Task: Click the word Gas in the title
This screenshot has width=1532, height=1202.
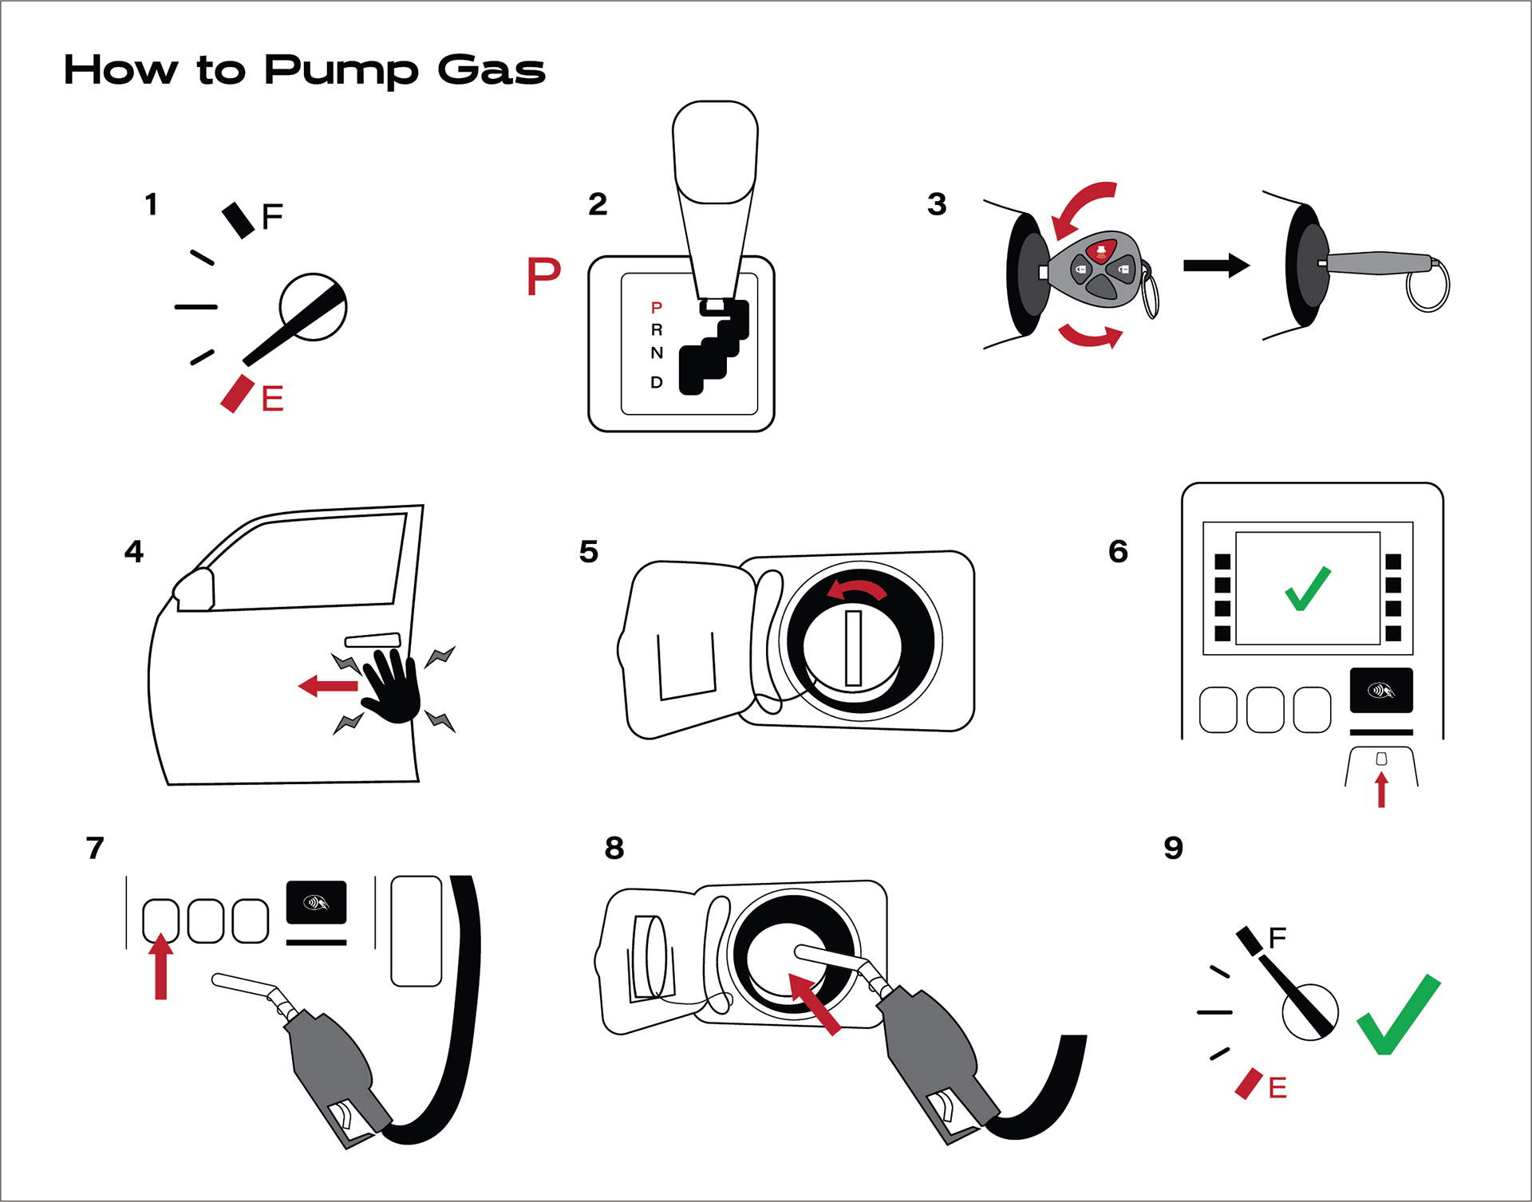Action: [491, 70]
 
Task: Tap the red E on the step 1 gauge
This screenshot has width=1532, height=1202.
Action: [272, 398]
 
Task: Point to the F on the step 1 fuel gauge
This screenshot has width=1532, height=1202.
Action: [272, 216]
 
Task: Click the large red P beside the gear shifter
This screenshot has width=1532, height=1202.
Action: [543, 276]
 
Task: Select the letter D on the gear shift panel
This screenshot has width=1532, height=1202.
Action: [656, 382]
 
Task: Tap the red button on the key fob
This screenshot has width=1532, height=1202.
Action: [1101, 252]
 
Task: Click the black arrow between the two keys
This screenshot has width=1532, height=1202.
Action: [1215, 266]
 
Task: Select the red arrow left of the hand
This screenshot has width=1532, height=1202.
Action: [327, 685]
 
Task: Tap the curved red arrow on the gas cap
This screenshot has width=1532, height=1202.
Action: [856, 590]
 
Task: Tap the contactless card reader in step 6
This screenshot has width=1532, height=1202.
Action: [1381, 690]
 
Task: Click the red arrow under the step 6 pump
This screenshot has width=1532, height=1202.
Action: [1381, 790]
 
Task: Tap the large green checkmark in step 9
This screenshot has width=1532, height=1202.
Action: [1398, 1015]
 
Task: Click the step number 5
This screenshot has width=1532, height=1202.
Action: [589, 552]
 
